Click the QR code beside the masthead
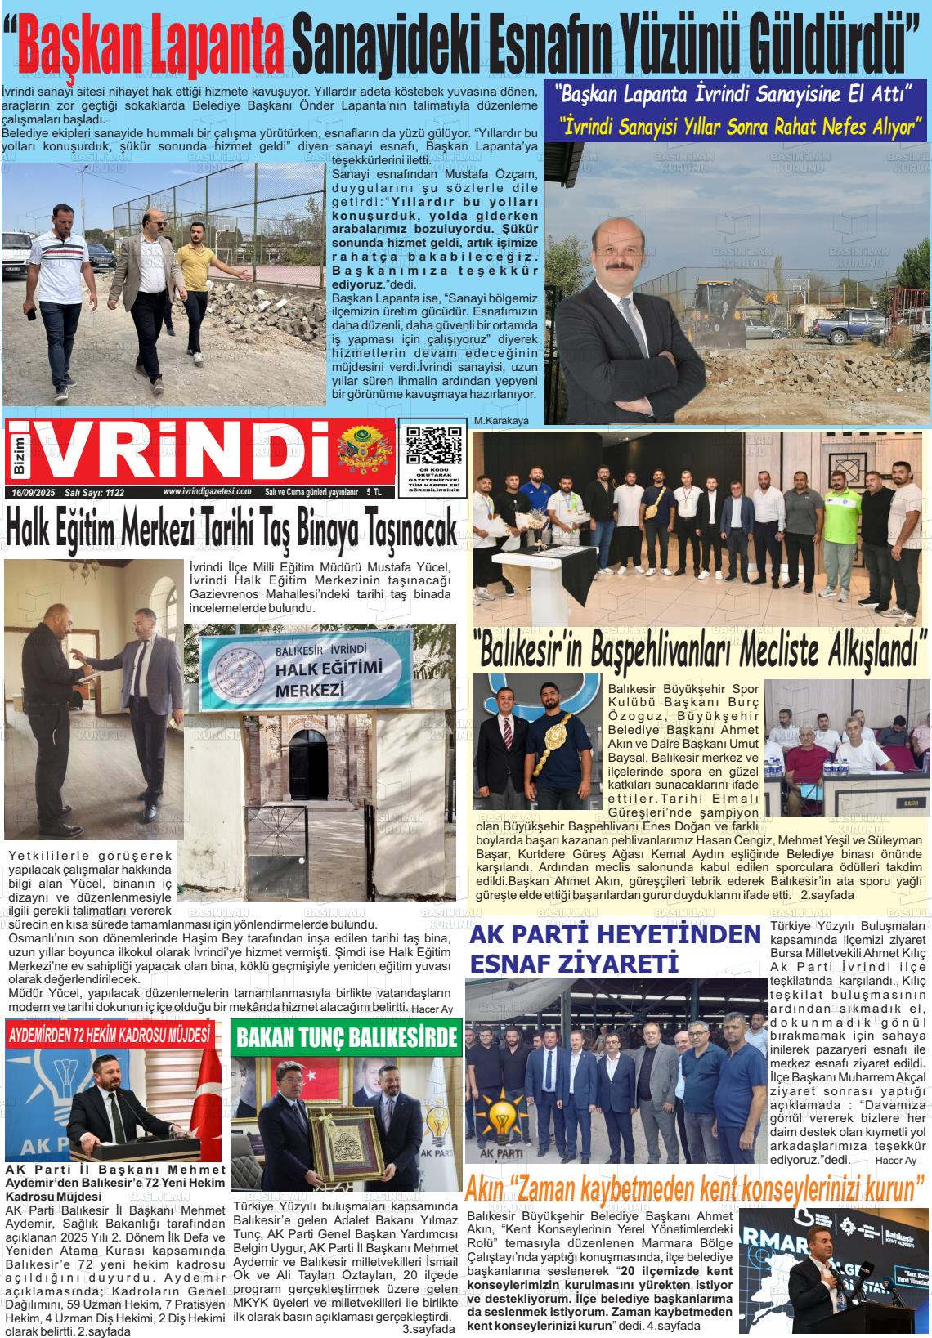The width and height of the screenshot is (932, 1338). (432, 451)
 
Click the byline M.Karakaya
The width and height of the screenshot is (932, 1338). (498, 421)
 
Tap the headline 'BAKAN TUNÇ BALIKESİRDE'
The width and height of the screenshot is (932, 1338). (346, 1038)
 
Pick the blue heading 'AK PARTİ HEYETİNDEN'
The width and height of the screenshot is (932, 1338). (616, 934)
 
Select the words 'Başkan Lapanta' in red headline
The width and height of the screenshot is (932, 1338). (151, 41)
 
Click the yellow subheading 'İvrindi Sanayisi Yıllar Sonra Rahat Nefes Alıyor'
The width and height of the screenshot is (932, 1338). (741, 127)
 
